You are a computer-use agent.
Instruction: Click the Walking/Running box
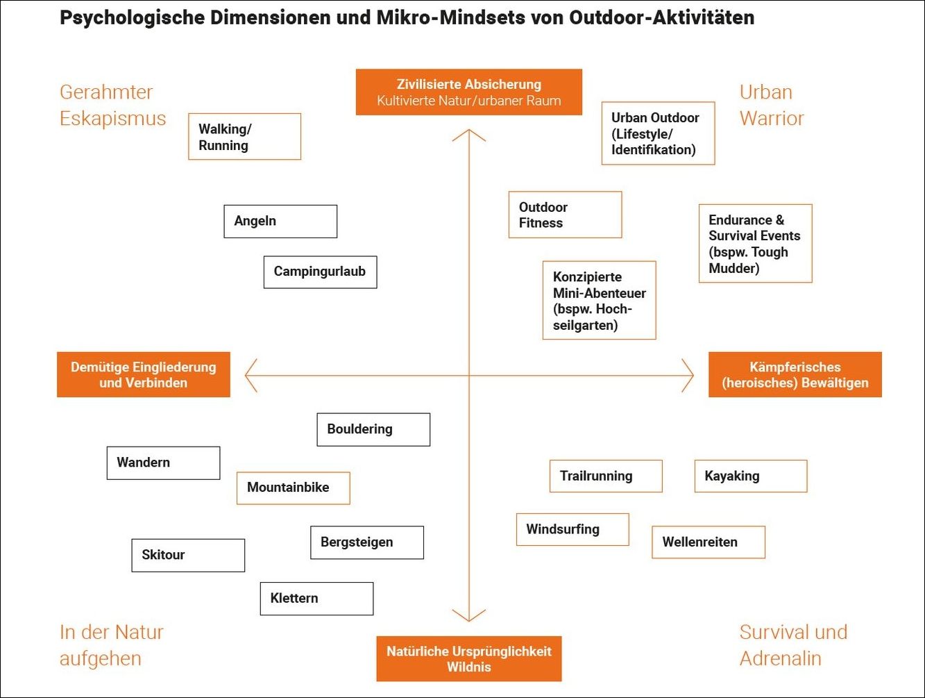244,137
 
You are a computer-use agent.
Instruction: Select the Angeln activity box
280,222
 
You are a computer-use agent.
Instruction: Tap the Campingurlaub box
320,272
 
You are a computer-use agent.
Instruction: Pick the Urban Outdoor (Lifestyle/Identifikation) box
658,134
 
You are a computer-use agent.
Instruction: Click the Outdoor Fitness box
565,215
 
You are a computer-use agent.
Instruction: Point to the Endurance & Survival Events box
755,244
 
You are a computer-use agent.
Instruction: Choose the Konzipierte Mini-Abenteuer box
599,301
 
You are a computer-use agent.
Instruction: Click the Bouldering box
373,430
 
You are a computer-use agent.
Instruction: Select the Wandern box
163,463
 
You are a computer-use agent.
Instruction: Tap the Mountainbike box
293,488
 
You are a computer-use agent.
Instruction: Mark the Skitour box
188,556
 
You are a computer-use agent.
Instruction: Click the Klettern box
316,599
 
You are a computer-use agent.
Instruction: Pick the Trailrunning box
606,476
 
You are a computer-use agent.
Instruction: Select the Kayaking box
751,476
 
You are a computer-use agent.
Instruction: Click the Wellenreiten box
708,542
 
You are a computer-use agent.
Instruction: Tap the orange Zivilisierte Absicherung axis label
469,92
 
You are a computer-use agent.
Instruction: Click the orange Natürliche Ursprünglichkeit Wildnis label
469,659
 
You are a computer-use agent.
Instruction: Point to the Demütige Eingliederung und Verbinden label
144,375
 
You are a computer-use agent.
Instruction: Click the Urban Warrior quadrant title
771,105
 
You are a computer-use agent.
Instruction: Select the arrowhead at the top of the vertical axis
469,133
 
